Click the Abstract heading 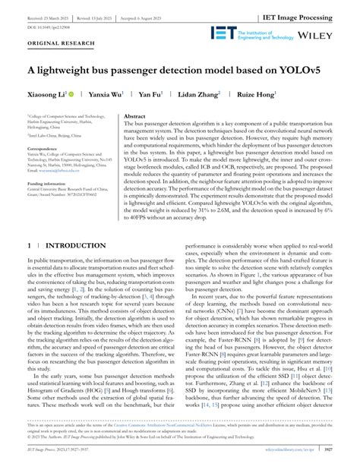click(x=135, y=116)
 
